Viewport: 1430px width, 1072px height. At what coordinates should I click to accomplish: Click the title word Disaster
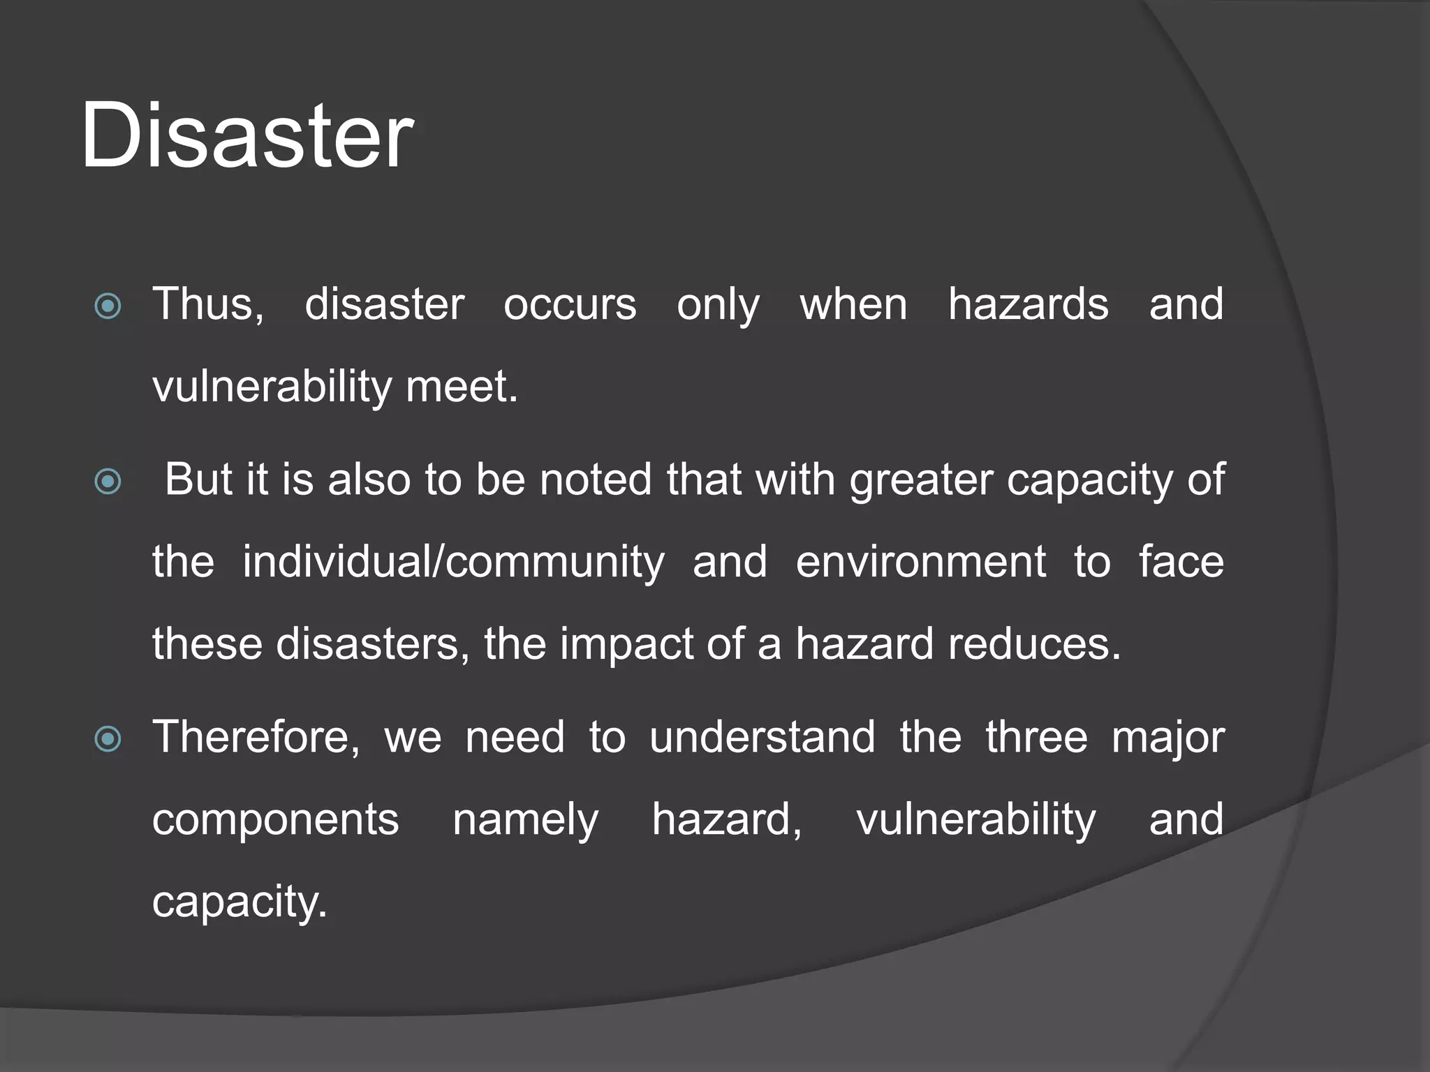[247, 135]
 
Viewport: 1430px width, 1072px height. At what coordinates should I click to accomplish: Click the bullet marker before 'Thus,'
[108, 306]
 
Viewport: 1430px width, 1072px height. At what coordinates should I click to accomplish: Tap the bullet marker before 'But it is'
[108, 481]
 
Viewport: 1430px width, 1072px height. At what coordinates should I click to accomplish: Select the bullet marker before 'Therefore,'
[108, 738]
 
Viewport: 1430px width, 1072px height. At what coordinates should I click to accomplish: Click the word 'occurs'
[570, 305]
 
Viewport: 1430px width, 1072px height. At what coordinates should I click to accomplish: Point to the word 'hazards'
[1028, 305]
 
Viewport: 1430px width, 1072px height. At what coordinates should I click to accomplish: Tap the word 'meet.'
[462, 387]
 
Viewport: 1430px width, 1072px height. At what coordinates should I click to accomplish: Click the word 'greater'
[921, 482]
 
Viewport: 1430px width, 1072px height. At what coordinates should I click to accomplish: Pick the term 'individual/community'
[454, 562]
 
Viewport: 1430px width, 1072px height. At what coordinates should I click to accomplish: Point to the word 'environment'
[921, 562]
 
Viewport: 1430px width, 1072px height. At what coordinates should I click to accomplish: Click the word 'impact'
[626, 644]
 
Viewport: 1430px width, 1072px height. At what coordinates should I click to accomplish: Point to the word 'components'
[276, 819]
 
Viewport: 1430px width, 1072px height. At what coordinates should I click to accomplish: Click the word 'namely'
[526, 821]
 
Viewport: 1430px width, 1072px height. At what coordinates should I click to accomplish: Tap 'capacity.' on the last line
[239, 902]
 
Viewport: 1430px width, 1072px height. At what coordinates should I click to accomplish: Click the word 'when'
[853, 305]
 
